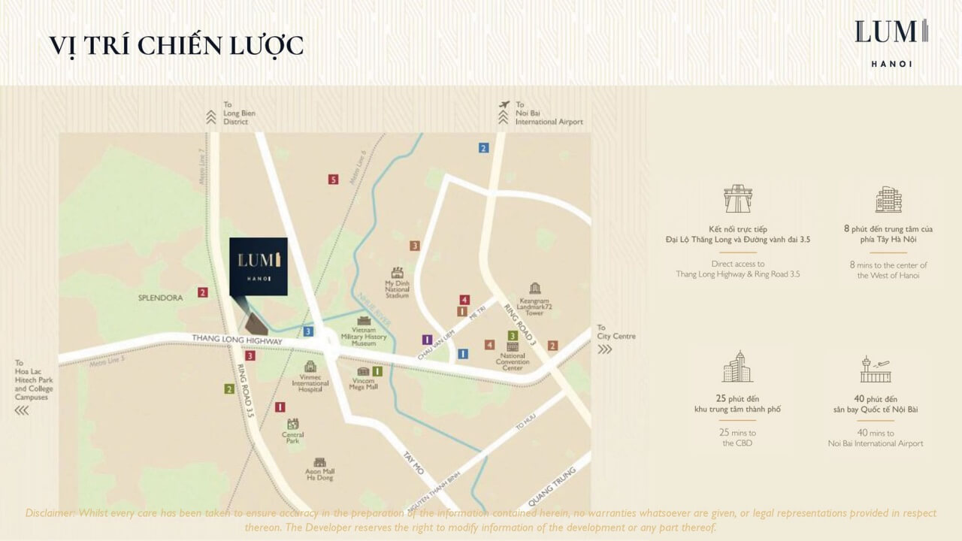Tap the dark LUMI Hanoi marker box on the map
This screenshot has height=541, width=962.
point(258,267)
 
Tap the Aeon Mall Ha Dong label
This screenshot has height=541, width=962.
point(319,473)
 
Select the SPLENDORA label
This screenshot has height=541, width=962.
point(160,298)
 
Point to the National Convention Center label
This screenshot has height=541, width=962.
point(513,361)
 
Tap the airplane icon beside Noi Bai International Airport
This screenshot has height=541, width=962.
point(504,104)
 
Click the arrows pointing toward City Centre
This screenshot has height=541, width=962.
point(604,349)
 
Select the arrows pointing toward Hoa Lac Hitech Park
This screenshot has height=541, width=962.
point(22,410)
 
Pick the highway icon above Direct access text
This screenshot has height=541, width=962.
point(737,200)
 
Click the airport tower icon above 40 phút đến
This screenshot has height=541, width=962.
point(875,370)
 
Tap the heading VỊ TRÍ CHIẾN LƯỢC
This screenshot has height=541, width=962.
point(177,45)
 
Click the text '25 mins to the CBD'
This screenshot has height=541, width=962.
point(737,438)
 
